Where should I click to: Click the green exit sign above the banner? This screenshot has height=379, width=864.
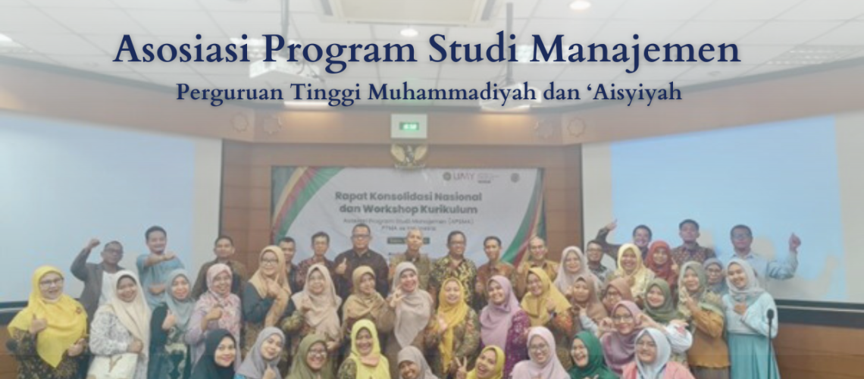click(409, 126)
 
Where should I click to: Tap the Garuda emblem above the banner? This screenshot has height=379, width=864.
click(409, 155)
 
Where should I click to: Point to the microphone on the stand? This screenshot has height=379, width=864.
click(770, 314)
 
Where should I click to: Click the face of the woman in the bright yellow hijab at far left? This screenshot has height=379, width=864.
click(50, 287)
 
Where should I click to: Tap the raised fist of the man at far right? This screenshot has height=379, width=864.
click(793, 240)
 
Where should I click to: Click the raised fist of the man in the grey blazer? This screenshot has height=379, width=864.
click(92, 244)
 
